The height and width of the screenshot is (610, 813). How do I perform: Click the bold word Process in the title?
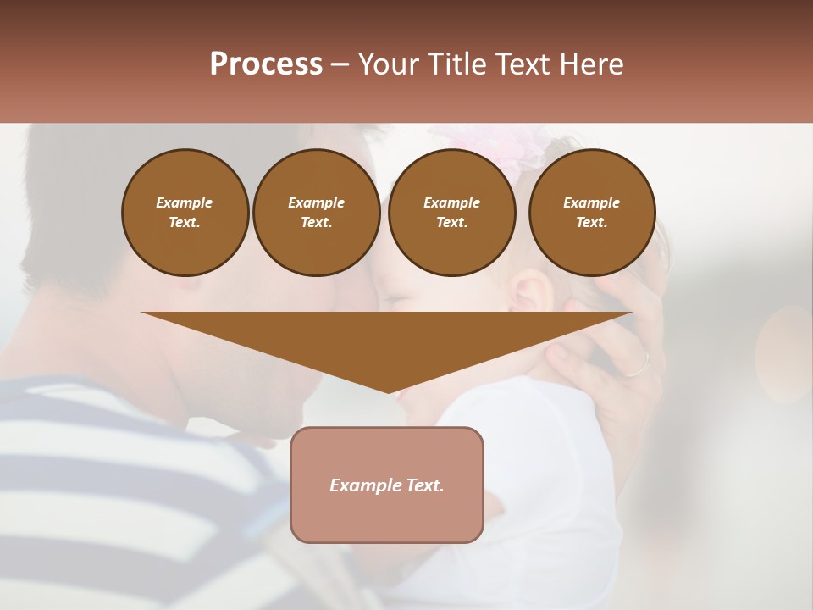[x=266, y=64]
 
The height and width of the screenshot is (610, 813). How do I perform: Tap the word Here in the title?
[x=590, y=64]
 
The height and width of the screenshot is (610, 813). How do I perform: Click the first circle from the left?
[x=185, y=213]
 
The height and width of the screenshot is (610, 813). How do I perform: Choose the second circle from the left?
[x=317, y=213]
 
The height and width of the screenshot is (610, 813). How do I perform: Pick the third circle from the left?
[x=452, y=213]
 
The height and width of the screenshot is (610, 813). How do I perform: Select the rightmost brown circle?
[x=592, y=213]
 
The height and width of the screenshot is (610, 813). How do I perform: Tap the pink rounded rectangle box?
[x=387, y=485]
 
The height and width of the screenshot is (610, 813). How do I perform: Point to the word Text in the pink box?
[x=423, y=485]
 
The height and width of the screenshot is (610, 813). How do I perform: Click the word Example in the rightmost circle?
[x=592, y=202]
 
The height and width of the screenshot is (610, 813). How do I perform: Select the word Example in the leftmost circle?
[x=185, y=202]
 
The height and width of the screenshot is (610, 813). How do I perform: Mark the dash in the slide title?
[x=340, y=65]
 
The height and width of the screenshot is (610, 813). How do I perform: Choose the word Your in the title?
[x=389, y=64]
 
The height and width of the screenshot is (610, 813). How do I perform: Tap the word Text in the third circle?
[x=452, y=223]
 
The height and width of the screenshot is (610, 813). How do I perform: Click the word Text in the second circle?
[x=317, y=223]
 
